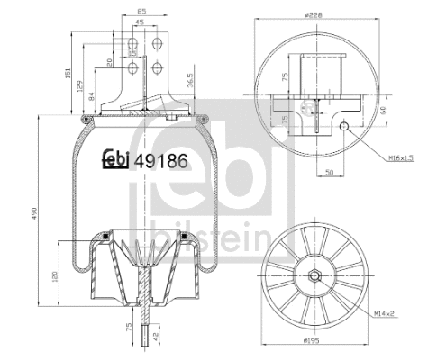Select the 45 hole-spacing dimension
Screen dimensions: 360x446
pos(140,23)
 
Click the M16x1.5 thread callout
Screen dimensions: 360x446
pos(402,157)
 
